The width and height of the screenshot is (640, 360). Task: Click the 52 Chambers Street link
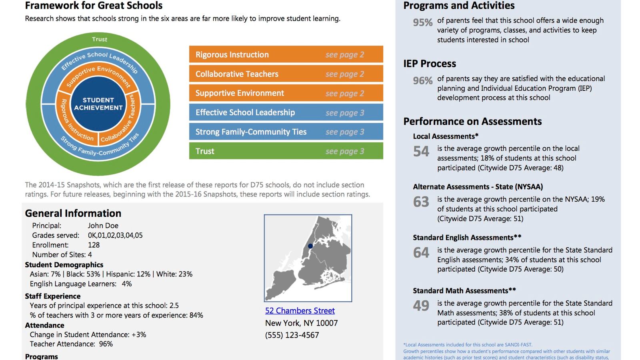coord(300,311)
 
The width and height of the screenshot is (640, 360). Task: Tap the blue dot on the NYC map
coord(310,246)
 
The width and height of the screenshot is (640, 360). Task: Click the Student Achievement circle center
coord(98,104)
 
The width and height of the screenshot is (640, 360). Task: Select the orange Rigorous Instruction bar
coord(286,54)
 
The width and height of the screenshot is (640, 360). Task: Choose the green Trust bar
coord(286,151)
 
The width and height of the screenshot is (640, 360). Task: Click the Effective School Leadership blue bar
coord(286,112)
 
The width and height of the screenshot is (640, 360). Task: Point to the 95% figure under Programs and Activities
coord(422,23)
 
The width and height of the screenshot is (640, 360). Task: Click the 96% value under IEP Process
coord(422,81)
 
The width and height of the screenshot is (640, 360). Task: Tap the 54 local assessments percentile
coord(421,152)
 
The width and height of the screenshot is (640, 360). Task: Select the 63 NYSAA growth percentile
coord(421,202)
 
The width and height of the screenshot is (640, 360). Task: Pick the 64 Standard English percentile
coord(421,253)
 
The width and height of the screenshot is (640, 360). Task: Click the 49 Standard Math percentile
coord(421,306)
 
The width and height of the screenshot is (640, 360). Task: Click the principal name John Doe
coord(103,226)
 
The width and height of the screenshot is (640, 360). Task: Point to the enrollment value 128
coord(94,245)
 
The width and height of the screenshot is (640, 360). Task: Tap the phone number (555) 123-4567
coord(292,335)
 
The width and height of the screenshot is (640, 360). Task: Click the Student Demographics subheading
coord(64,265)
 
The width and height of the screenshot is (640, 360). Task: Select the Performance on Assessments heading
coord(472,122)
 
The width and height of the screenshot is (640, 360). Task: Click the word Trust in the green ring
coord(100,39)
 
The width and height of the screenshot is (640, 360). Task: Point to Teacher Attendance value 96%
coord(106,344)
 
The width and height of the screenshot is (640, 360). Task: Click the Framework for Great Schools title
coord(94,6)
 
